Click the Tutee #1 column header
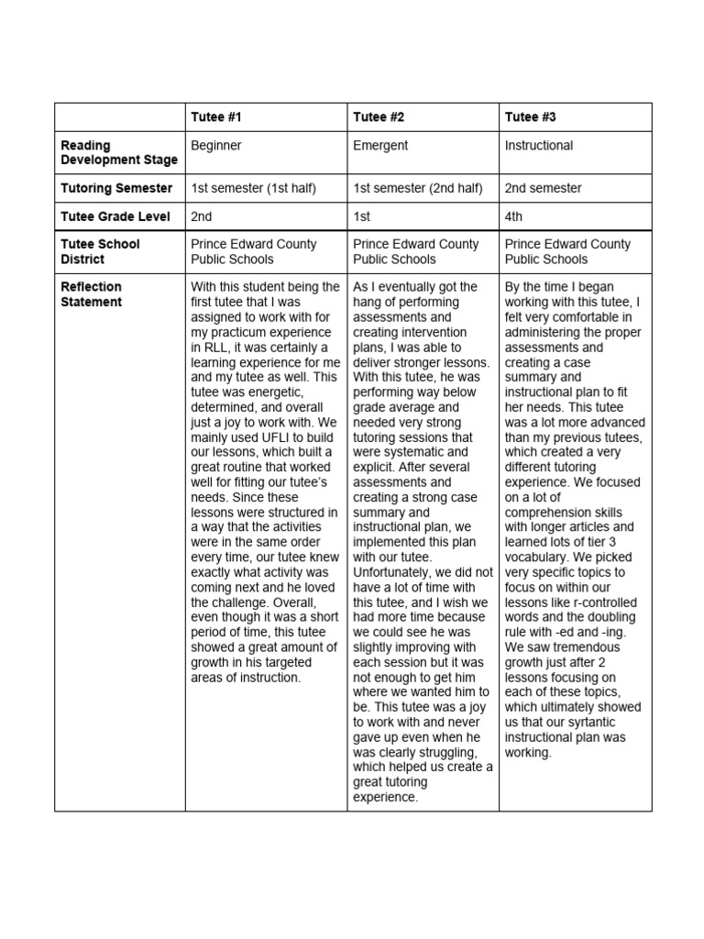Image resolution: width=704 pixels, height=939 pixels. tap(216, 117)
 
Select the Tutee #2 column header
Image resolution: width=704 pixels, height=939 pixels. tap(379, 117)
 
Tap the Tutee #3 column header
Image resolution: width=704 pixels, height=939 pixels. tap(530, 117)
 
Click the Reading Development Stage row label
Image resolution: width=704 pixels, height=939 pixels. tap(118, 152)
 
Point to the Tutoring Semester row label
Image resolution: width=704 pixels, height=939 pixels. tap(116, 188)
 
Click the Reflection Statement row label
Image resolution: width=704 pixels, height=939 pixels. tap(92, 294)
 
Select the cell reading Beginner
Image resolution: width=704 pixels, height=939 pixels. tap(216, 145)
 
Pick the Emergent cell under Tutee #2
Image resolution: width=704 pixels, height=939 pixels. tap(380, 145)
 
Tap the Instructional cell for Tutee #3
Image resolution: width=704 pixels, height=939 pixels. tap(539, 145)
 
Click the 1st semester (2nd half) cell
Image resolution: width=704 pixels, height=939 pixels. tap(417, 188)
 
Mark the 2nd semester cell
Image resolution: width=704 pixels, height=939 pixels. tap(543, 188)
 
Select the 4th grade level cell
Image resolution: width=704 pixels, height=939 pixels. tap(513, 217)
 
